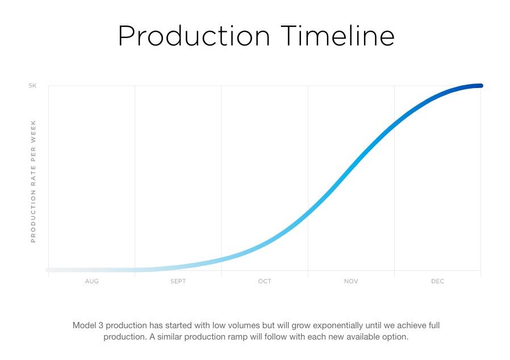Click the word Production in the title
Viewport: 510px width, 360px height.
click(194, 36)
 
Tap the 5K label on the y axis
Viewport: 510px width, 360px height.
click(32, 86)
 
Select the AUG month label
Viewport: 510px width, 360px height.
click(92, 281)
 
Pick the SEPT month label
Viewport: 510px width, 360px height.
click(178, 281)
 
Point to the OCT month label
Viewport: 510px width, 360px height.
click(265, 281)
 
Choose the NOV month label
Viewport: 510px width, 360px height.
click(352, 281)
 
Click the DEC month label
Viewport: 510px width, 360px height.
click(437, 281)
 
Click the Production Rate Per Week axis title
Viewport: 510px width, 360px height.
click(33, 182)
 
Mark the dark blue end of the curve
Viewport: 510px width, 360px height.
click(481, 86)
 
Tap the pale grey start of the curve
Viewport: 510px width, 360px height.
click(48, 270)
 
